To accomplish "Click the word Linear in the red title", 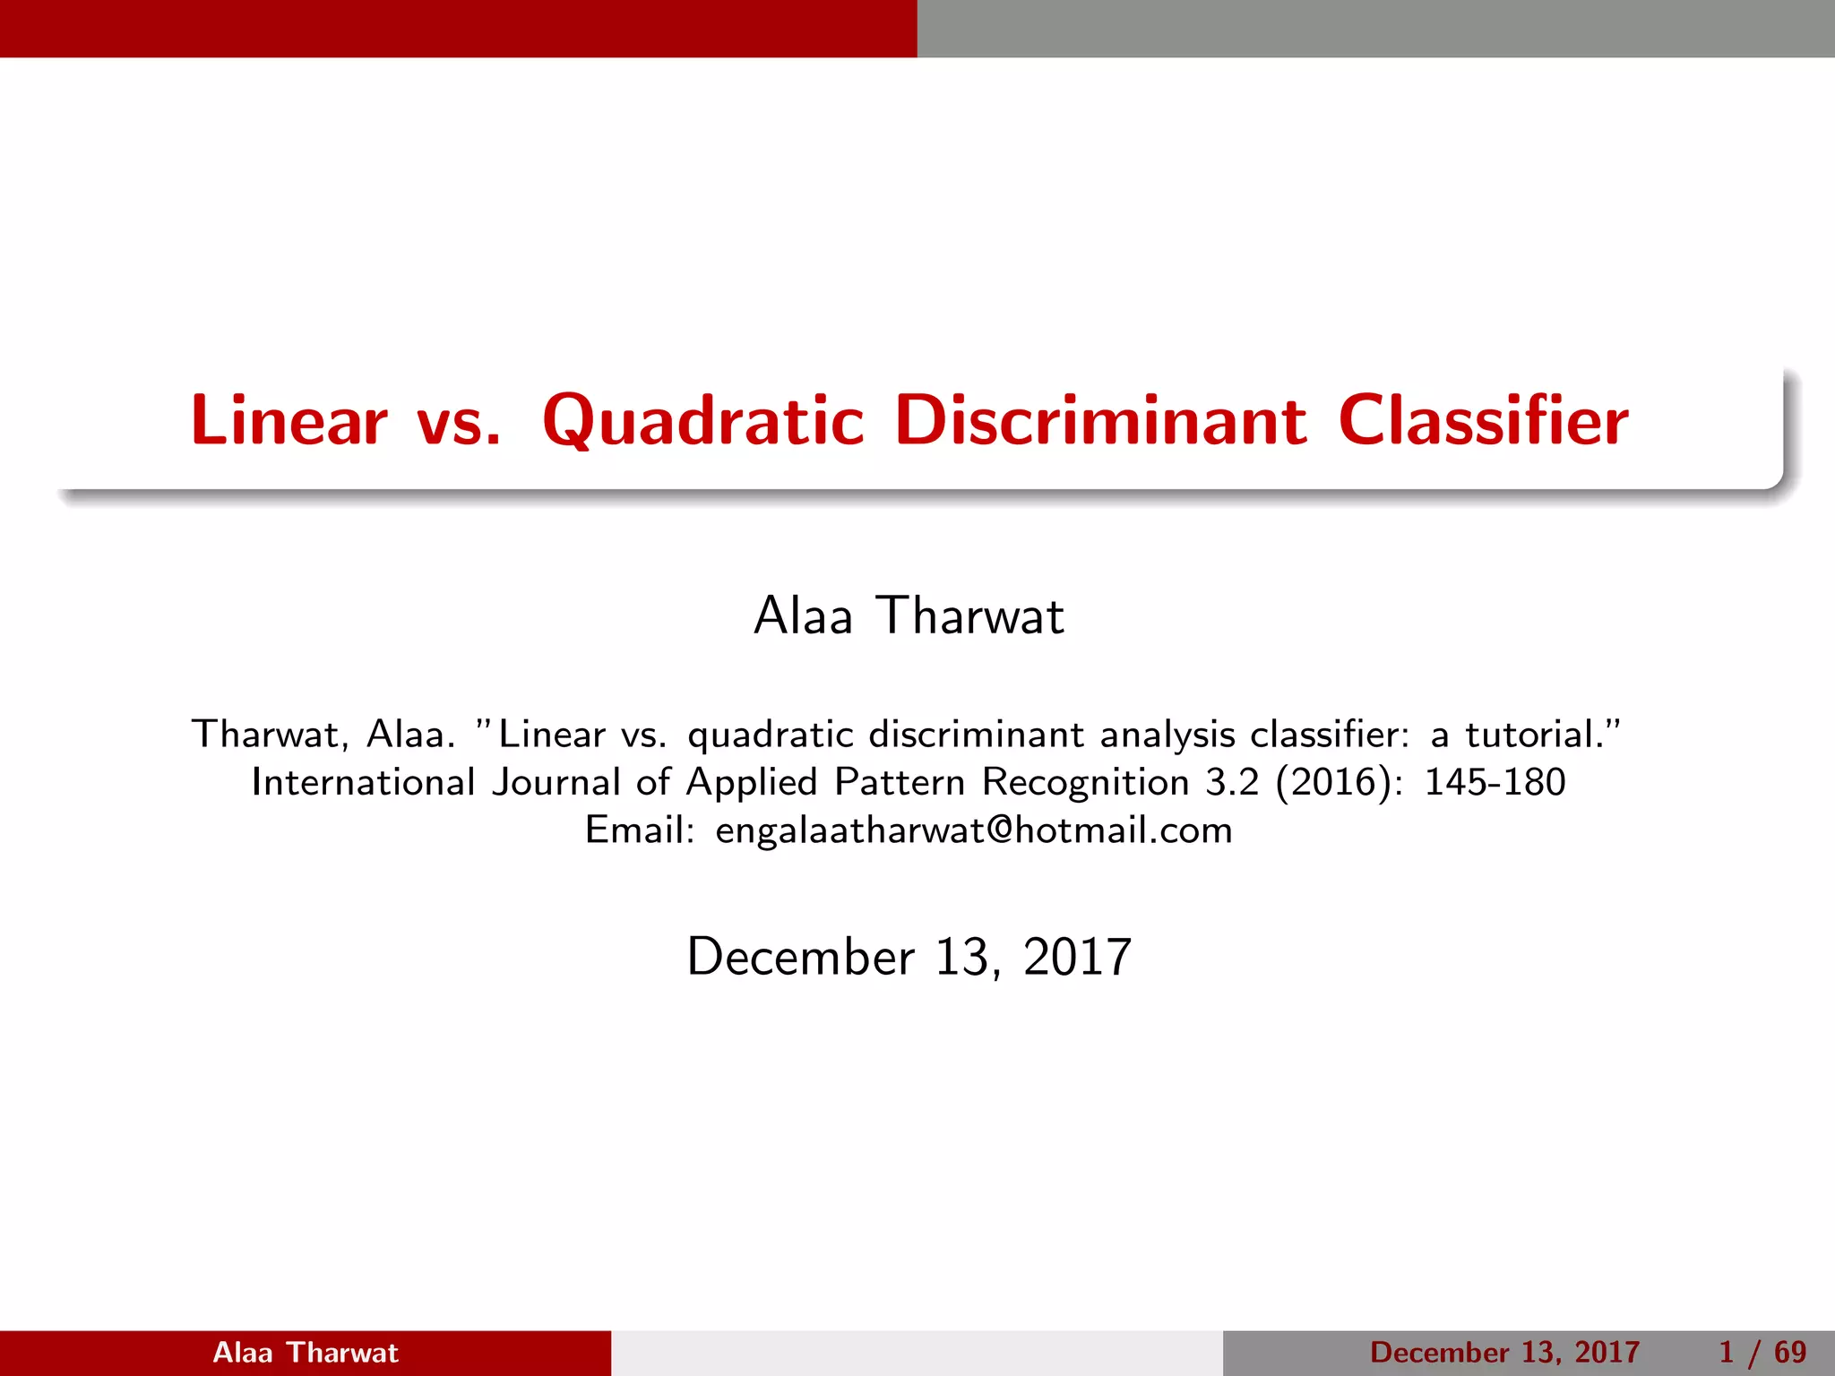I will [289, 420].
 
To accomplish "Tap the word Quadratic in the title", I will [703, 420].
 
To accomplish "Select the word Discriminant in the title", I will [1100, 420].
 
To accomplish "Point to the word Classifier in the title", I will [1483, 420].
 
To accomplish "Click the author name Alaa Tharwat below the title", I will [909, 616].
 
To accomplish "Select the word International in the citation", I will [363, 782].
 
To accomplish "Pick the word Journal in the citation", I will [556, 782].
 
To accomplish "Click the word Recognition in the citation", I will [1085, 782].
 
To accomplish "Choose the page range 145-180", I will [1495, 782].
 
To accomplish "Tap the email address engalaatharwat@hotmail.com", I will [974, 830].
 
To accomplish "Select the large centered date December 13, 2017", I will [909, 957].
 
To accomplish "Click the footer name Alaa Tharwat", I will [305, 1352].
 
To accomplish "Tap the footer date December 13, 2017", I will [1504, 1352].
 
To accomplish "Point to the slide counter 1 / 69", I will [1762, 1352].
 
